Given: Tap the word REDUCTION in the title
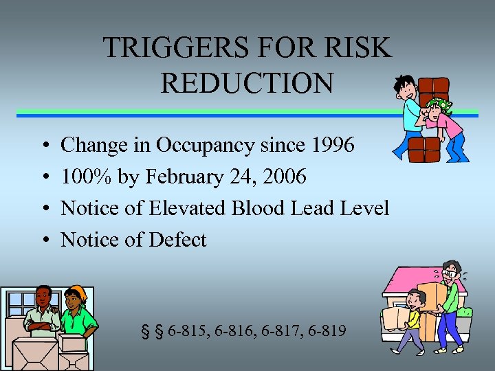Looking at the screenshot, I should pyautogui.click(x=247, y=83).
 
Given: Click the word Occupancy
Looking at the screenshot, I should pyautogui.click(x=204, y=146).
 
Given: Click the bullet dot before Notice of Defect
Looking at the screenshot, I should pyautogui.click(x=44, y=240).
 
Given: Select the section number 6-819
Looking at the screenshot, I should pyautogui.click(x=324, y=331).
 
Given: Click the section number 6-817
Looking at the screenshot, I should pyautogui.click(x=278, y=331).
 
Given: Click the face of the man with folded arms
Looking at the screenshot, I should pyautogui.click(x=43, y=299).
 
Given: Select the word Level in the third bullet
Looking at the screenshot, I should pyautogui.click(x=366, y=208).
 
